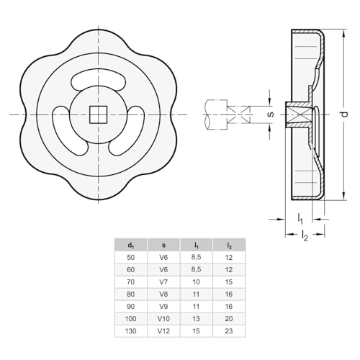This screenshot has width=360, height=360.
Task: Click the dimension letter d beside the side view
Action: click(344, 114)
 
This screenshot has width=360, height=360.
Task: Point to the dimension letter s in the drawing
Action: click(271, 114)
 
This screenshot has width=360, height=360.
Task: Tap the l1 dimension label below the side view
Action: click(300, 217)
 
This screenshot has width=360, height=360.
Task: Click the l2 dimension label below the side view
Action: click(305, 235)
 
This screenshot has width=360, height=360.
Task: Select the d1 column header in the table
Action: click(131, 244)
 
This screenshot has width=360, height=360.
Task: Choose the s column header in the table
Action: click(163, 244)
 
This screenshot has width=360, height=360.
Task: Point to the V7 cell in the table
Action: click(163, 282)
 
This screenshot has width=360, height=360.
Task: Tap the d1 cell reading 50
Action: click(131, 257)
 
